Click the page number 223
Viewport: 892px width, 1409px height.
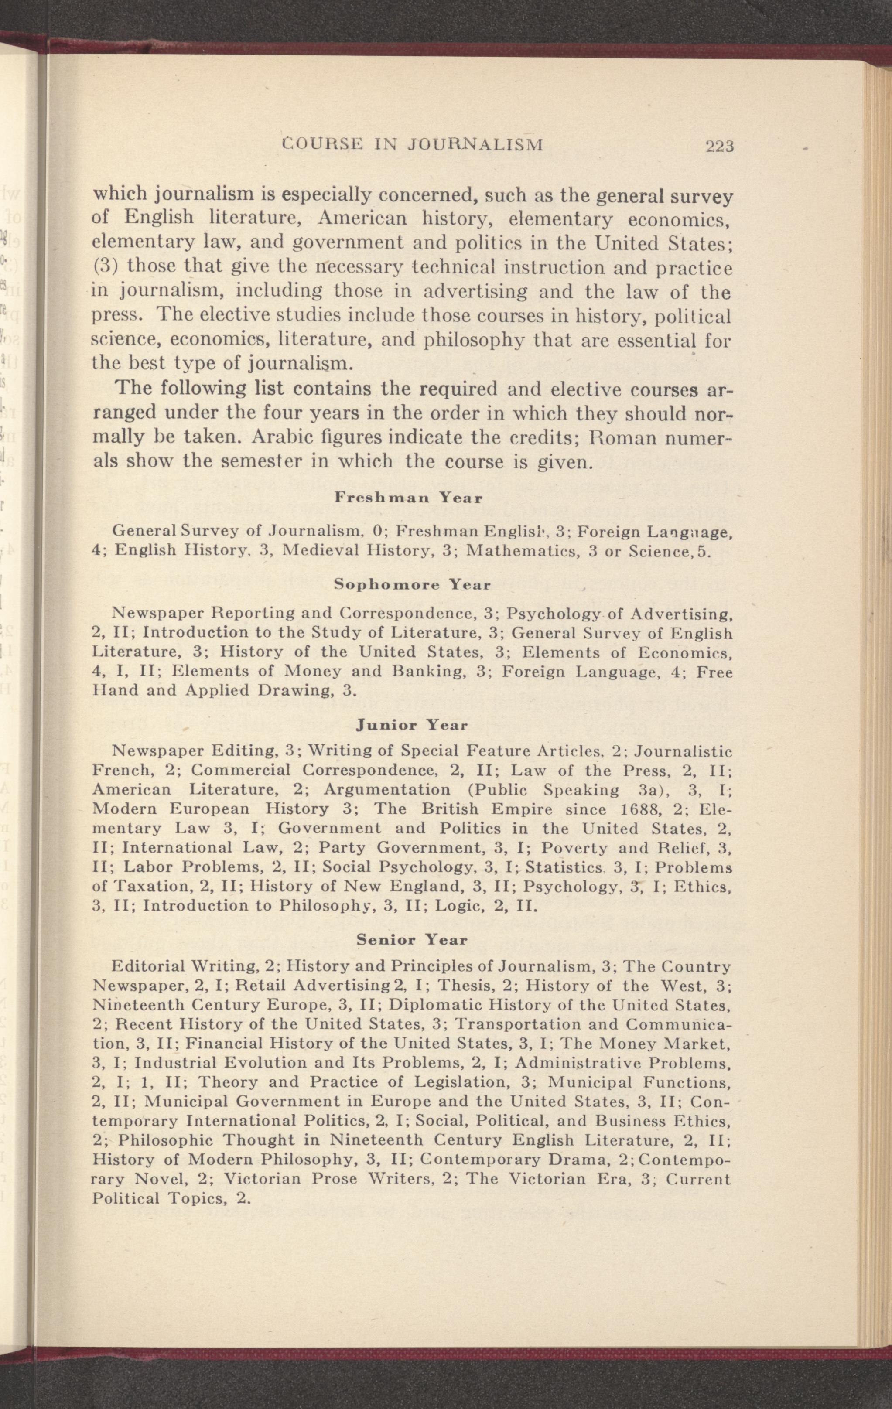pos(719,146)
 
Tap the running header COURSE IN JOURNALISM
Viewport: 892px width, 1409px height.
pos(412,144)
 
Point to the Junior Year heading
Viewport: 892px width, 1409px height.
pos(412,726)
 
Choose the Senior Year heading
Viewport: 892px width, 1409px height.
pos(412,940)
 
